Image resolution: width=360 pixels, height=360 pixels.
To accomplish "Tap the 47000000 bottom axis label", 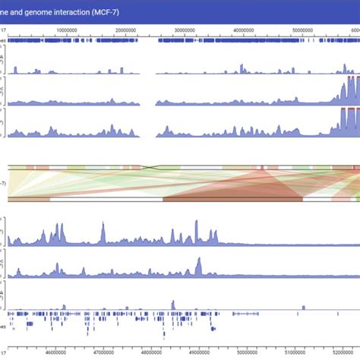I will click(x=103, y=352).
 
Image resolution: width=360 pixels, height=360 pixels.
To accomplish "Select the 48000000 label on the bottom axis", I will click(x=151, y=352).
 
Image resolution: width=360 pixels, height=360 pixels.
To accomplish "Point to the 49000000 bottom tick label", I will click(x=199, y=352).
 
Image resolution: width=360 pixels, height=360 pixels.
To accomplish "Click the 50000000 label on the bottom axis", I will click(x=247, y=352).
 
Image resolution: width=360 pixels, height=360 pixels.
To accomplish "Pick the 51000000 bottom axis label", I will click(x=295, y=352).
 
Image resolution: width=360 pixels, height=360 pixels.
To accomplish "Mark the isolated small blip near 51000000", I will click(x=303, y=307).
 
